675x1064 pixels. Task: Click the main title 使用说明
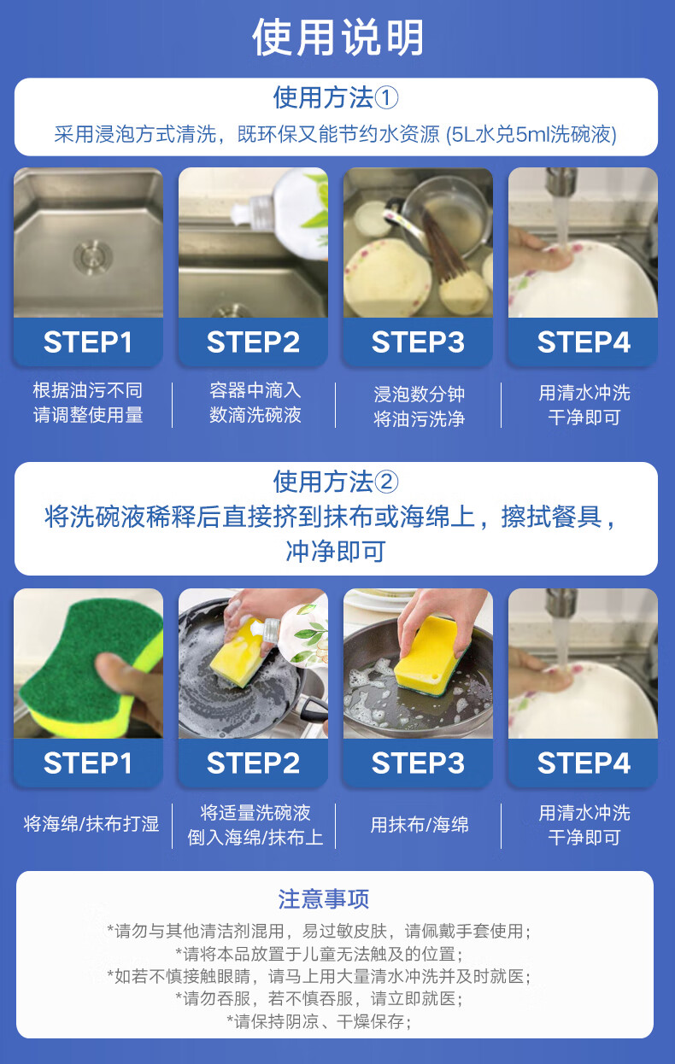(337, 38)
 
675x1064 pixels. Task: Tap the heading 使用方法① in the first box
(336, 98)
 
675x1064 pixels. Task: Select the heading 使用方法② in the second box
(336, 482)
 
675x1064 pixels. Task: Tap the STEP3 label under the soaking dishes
(418, 342)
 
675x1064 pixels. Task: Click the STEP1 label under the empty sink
(87, 342)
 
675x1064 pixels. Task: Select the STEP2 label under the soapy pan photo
(253, 763)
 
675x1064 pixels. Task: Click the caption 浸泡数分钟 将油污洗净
(419, 406)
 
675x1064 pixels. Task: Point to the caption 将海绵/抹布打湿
(91, 824)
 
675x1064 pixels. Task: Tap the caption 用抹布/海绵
(420, 825)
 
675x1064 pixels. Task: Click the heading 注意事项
(324, 899)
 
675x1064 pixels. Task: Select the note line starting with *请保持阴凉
(319, 1021)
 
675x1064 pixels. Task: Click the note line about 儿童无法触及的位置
(319, 953)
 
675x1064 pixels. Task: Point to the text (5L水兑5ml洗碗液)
(531, 135)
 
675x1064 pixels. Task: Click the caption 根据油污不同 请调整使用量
(88, 403)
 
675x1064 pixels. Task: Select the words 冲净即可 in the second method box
(336, 551)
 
